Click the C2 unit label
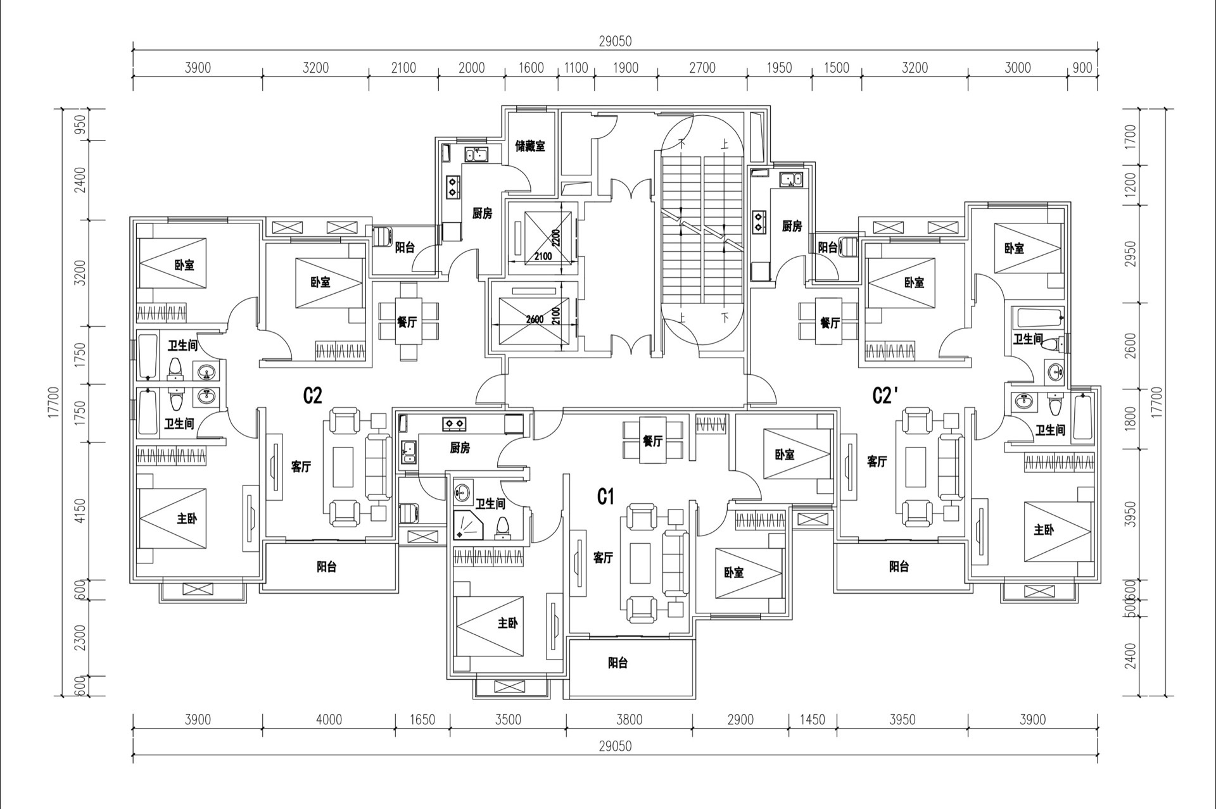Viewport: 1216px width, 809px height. point(313,396)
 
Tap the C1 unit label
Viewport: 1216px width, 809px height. point(606,497)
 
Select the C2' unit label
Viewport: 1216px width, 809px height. point(885,396)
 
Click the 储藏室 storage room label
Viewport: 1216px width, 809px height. point(530,146)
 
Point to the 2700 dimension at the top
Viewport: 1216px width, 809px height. point(702,68)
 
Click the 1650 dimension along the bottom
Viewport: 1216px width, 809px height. point(422,720)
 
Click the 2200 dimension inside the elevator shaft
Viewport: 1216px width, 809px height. point(556,239)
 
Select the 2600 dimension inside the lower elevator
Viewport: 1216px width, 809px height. point(535,319)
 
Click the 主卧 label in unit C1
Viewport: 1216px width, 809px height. point(508,624)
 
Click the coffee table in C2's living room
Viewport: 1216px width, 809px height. point(343,467)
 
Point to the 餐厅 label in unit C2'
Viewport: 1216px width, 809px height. point(830,323)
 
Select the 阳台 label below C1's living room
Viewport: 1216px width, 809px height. point(617,663)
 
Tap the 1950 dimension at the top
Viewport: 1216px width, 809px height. point(779,68)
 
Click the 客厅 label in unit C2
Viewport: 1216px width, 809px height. point(301,467)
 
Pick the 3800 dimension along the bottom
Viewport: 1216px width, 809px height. point(630,720)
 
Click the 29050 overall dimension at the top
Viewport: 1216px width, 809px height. point(615,42)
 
